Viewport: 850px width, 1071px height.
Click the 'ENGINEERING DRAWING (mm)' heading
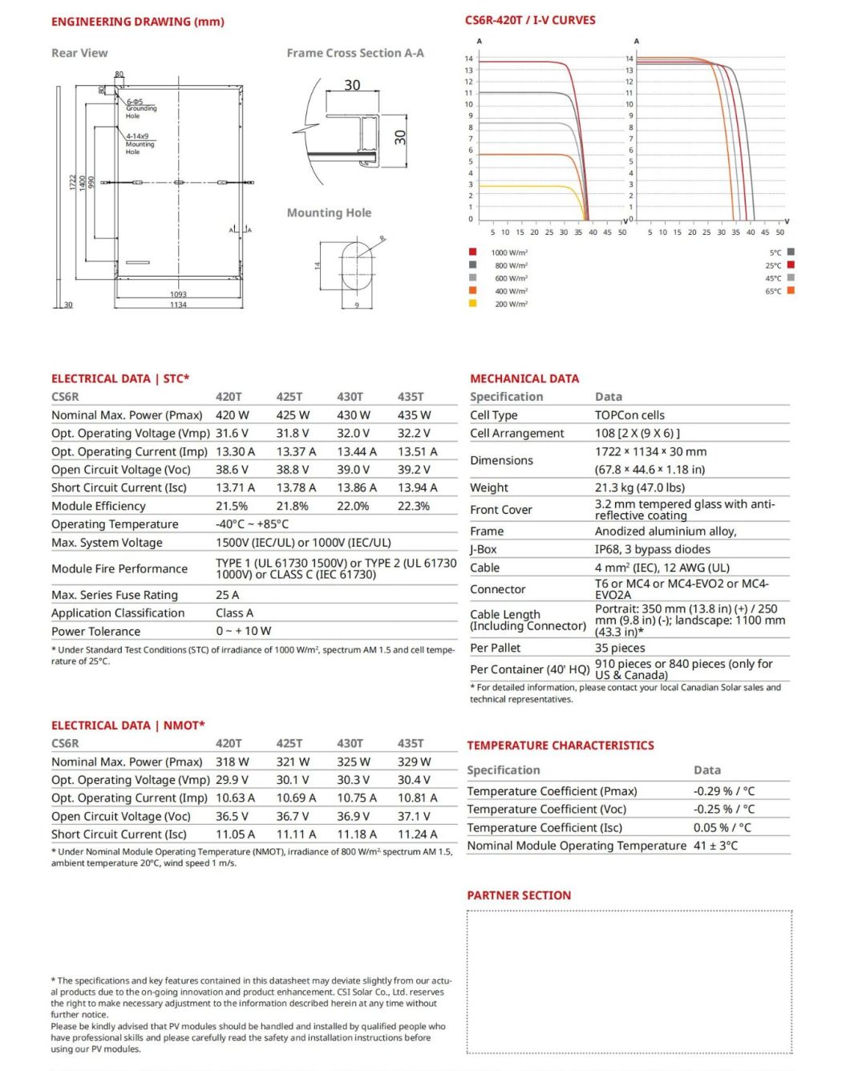tap(137, 22)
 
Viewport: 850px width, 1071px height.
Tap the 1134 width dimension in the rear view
tap(178, 305)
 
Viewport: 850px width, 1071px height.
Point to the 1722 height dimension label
tap(72, 182)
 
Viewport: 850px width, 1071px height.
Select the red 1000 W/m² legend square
tap(473, 252)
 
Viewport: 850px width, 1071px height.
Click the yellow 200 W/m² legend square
tap(473, 303)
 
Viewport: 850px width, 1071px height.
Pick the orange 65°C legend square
tap(791, 290)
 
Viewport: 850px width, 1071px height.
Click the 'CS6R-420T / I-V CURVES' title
tap(530, 20)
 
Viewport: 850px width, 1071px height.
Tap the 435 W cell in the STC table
tap(414, 415)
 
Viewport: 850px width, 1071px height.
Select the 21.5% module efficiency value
tap(232, 506)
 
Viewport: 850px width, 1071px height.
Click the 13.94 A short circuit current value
tap(418, 487)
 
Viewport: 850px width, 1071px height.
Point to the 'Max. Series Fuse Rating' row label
tap(115, 595)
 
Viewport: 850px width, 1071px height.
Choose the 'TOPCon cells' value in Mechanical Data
tap(629, 415)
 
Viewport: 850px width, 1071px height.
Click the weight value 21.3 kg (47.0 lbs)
tap(640, 487)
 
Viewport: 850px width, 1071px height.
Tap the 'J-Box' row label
tap(484, 549)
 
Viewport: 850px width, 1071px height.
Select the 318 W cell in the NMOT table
tap(233, 762)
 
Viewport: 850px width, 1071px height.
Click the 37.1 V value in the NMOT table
tap(414, 816)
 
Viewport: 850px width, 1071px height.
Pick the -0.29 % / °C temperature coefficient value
tap(724, 790)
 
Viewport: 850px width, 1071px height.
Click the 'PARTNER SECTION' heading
tap(519, 895)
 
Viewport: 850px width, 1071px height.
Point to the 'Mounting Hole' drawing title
tap(329, 213)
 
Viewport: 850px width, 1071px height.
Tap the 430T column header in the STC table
tap(350, 397)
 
